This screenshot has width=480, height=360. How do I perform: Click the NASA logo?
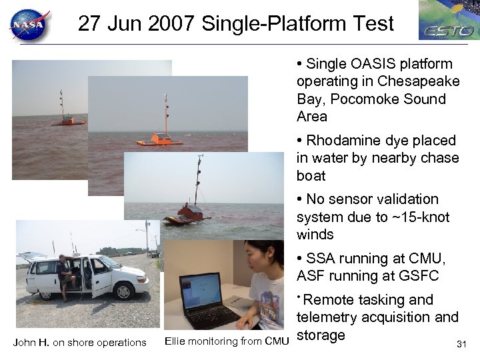(29, 25)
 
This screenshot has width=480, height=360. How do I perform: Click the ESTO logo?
(448, 20)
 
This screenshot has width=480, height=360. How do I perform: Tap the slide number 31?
(461, 344)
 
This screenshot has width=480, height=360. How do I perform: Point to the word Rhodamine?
(341, 141)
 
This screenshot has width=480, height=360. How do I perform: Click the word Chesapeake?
(418, 82)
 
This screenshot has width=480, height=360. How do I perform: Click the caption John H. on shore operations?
(79, 343)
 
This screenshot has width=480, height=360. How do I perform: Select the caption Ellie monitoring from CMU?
(227, 342)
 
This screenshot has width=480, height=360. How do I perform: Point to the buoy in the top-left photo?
(65, 114)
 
